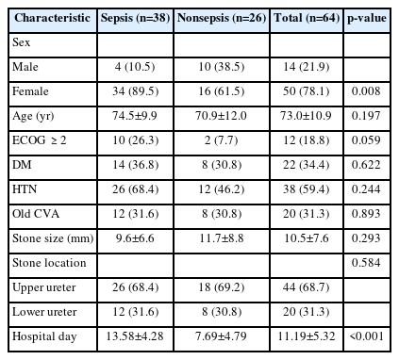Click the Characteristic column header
(x=52, y=18)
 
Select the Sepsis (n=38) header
(x=135, y=18)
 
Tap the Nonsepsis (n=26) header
(x=222, y=18)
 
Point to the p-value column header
(x=367, y=18)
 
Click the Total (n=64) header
(x=307, y=18)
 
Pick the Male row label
(x=25, y=67)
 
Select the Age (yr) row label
(x=33, y=116)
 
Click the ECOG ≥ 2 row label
(x=40, y=140)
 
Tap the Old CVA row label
(x=36, y=214)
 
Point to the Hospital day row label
(x=44, y=336)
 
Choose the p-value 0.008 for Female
(x=366, y=91)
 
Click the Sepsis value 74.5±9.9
(x=135, y=116)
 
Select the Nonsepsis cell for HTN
(x=222, y=189)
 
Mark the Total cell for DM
(x=307, y=165)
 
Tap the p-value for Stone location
(x=366, y=263)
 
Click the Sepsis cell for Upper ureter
(x=136, y=287)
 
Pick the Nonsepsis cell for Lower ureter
(x=222, y=312)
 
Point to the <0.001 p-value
(x=366, y=336)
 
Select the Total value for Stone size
(x=307, y=238)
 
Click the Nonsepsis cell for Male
(x=222, y=67)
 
